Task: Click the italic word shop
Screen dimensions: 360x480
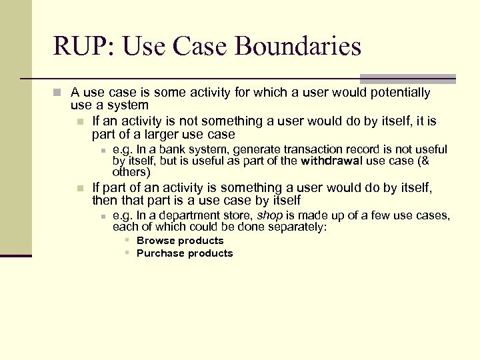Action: pos(269,215)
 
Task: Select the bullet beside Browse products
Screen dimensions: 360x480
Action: pos(126,241)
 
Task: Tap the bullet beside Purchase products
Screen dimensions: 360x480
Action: pos(126,253)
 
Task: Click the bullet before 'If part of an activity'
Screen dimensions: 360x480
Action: pos(80,188)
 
